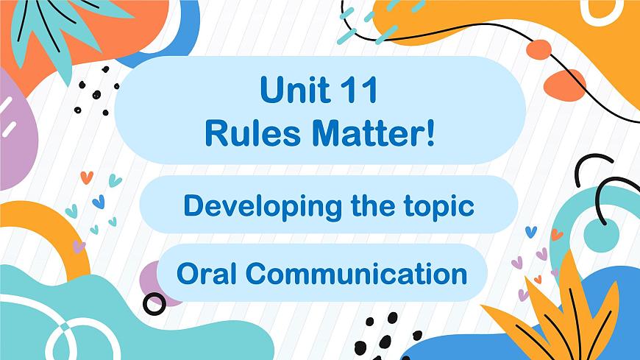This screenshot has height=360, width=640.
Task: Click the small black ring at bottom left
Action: [x=154, y=303]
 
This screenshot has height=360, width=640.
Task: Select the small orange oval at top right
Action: [x=538, y=49]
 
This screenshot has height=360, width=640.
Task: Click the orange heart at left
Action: [x=86, y=177]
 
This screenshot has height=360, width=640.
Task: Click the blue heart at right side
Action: [x=531, y=231]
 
